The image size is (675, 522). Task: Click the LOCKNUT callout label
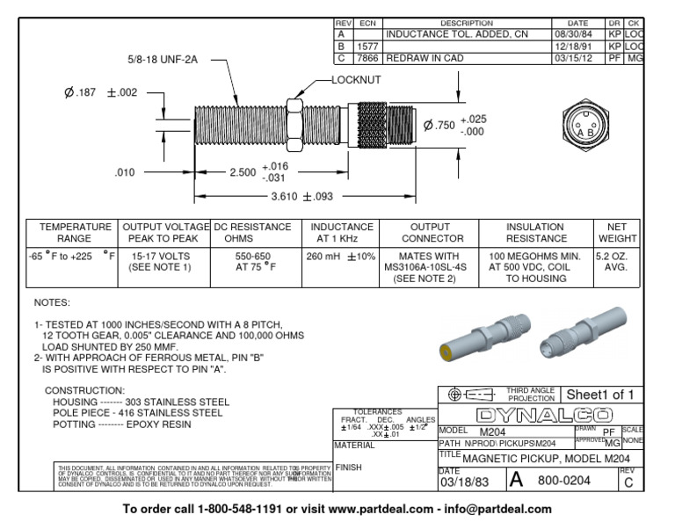pyautogui.click(x=355, y=79)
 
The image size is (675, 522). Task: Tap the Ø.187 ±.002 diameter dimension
pyautogui.click(x=100, y=94)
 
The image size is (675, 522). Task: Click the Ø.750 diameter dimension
pyautogui.click(x=454, y=125)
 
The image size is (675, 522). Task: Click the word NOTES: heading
pyautogui.click(x=51, y=302)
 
